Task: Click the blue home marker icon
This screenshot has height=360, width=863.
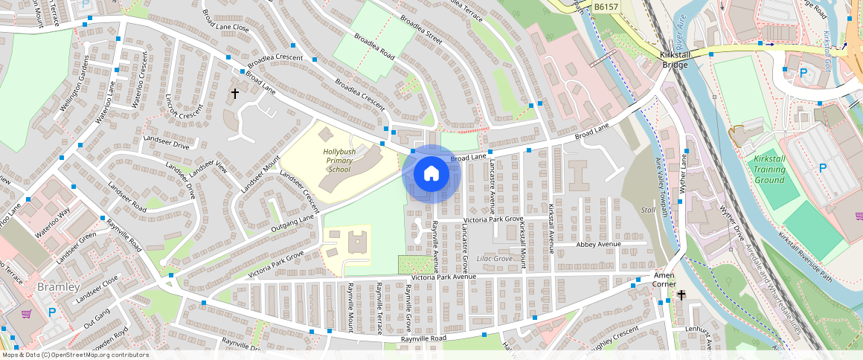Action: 431,174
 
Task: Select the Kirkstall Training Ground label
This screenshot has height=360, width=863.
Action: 769,170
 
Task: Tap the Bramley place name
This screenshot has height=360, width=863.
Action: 58,287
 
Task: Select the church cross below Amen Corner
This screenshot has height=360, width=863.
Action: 681,295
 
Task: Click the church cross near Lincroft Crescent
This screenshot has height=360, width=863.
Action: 235,94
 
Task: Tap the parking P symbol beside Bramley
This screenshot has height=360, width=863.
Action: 51,313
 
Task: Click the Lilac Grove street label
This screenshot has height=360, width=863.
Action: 494,258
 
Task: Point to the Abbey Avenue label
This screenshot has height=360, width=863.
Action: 598,244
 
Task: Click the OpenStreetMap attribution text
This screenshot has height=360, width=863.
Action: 74,355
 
